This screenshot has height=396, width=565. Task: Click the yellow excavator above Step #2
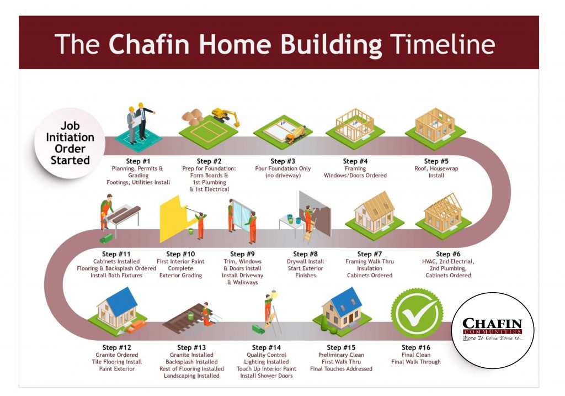226,114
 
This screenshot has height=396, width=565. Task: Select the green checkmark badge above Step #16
417,314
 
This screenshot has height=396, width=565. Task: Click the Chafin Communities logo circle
492,331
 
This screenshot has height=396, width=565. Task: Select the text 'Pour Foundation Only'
282,168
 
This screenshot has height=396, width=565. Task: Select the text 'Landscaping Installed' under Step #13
191,376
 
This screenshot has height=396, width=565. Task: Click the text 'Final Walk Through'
416,362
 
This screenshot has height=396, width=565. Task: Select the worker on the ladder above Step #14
268,311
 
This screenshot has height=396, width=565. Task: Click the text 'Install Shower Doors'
266,376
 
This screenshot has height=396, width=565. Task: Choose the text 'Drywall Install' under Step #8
305,261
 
